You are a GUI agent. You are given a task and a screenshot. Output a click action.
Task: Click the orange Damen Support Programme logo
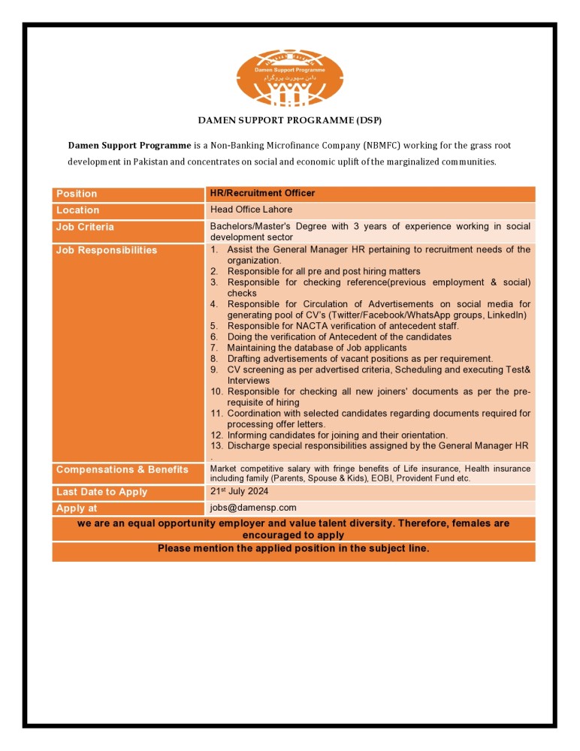(x=289, y=79)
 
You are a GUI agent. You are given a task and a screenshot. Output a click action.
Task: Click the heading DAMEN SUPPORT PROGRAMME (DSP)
(x=290, y=120)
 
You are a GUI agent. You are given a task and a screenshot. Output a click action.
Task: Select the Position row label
(x=77, y=194)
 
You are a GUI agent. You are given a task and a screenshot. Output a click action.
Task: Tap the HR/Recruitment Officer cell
(x=262, y=193)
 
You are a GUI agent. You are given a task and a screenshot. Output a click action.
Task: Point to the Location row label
(x=77, y=210)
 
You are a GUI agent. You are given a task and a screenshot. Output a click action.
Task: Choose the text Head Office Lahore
(x=251, y=210)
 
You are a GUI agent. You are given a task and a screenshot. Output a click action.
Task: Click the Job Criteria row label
(x=85, y=227)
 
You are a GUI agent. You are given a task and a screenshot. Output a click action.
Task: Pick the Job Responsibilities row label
(x=107, y=250)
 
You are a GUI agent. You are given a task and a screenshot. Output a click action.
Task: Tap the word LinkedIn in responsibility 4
(x=506, y=315)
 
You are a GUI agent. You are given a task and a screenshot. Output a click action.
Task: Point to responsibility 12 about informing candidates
(x=337, y=435)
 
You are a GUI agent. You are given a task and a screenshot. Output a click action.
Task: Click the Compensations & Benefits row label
(x=122, y=469)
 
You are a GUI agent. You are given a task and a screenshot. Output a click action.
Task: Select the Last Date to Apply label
(x=101, y=492)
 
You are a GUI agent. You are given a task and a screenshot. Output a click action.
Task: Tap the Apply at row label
(x=77, y=508)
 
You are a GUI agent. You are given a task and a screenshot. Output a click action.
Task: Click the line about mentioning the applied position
(x=293, y=548)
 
